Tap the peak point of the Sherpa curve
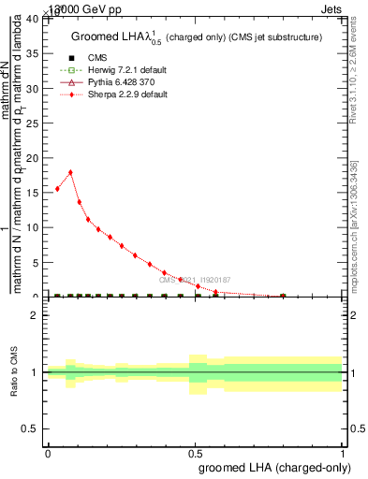[70, 172]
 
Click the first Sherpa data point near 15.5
[57, 189]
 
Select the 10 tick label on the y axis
[35, 227]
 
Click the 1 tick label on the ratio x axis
[343, 452]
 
